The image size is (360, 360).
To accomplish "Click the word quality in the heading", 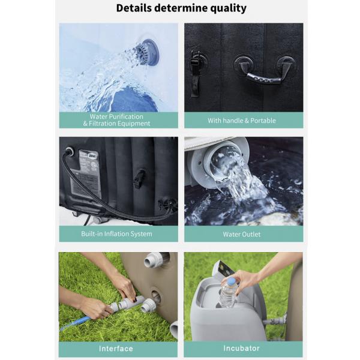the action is (229, 8).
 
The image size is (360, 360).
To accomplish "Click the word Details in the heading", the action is (134, 8).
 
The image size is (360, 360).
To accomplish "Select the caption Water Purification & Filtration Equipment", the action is (116, 120).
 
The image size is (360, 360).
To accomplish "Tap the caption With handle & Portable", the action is (242, 121).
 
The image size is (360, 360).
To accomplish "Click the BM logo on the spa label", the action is (92, 156).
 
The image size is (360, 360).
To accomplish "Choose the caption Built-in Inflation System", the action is (116, 234).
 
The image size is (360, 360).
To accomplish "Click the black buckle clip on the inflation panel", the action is (139, 179).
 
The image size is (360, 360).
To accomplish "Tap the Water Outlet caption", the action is (242, 234).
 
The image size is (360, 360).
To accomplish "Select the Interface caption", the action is (116, 349).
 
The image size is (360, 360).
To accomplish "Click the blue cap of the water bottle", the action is (232, 281).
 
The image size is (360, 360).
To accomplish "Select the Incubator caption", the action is (242, 348).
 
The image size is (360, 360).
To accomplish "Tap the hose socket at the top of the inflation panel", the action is (70, 151).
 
